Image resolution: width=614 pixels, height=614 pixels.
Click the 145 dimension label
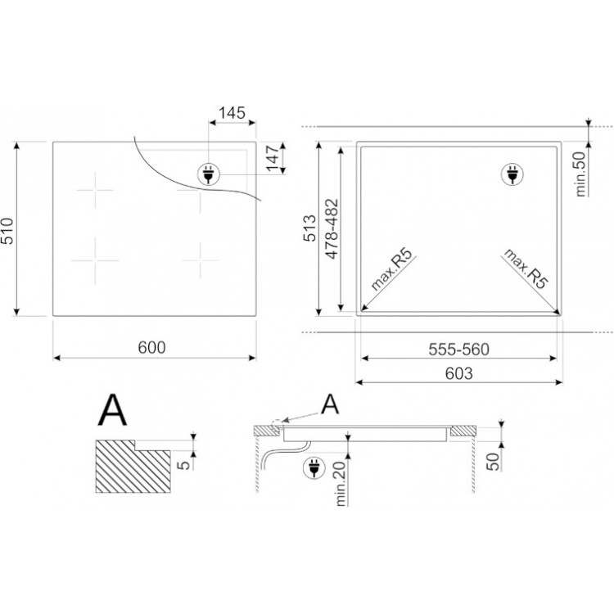(x=232, y=113)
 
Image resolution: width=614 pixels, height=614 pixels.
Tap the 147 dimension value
(x=273, y=157)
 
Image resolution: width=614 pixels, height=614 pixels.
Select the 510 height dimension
(x=7, y=231)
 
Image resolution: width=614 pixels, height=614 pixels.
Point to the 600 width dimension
(x=152, y=347)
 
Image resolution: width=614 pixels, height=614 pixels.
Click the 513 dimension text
(x=309, y=228)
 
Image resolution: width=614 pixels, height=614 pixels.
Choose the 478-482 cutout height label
(x=332, y=228)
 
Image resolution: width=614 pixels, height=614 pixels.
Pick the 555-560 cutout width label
(x=459, y=350)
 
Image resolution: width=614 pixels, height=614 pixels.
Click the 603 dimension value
(x=459, y=373)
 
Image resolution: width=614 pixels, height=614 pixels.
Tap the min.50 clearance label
(x=580, y=174)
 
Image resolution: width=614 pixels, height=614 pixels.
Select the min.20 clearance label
(x=341, y=484)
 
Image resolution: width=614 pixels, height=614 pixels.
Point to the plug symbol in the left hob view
(x=208, y=174)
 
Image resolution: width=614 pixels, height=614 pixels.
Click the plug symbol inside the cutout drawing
(x=512, y=174)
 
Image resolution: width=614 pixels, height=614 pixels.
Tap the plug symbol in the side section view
(x=314, y=468)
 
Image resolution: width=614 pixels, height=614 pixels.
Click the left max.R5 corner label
(x=392, y=269)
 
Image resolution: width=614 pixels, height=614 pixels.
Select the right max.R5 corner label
(x=526, y=269)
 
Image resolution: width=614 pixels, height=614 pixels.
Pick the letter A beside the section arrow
(x=330, y=404)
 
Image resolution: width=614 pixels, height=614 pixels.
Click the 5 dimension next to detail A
(x=183, y=465)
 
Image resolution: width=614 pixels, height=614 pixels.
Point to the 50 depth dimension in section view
(x=494, y=462)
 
